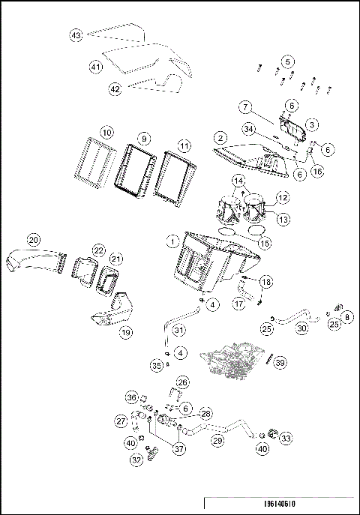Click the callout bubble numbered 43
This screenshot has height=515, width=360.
point(76,35)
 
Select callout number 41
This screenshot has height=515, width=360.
point(95,67)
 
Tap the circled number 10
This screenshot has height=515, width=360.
point(107,132)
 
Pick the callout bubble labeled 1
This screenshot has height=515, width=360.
point(172,241)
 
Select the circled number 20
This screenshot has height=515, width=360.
point(33,240)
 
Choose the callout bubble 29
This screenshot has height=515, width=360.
point(217,441)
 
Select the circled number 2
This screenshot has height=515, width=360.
point(220,138)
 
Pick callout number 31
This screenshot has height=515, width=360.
point(178,331)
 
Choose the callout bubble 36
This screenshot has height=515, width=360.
point(131,397)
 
